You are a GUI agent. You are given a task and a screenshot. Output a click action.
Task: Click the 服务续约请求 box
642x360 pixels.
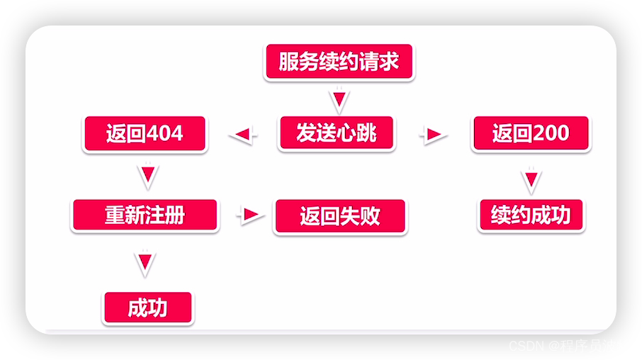339,62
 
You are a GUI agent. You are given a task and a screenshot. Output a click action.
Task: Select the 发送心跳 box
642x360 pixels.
337,133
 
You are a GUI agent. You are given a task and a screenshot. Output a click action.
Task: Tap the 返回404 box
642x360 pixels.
145,133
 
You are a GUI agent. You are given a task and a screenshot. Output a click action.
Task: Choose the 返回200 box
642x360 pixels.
531,133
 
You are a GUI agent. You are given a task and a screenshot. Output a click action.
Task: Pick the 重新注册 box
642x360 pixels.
145,215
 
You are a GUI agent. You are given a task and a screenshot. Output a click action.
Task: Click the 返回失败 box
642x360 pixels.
340,216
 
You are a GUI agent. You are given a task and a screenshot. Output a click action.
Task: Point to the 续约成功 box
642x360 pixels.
531,215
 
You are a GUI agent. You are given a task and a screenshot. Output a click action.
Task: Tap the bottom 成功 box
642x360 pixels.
148,308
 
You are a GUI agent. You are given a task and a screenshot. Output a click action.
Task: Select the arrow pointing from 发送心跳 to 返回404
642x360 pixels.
242,134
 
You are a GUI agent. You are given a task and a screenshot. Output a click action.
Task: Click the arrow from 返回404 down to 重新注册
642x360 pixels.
147,175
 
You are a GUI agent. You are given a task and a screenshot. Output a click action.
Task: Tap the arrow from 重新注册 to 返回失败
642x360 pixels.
250,215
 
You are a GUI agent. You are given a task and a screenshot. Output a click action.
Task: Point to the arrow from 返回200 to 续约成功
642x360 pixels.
531,180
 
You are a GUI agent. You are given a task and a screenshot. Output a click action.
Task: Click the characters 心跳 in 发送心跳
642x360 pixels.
356,133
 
